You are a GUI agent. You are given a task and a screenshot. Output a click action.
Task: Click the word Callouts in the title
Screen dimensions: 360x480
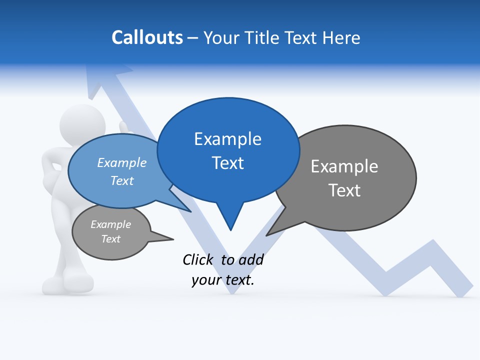[147, 37]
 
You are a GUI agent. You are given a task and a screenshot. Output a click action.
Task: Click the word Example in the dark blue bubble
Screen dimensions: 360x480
[227, 139]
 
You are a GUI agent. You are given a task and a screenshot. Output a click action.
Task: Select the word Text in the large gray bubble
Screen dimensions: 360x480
[344, 190]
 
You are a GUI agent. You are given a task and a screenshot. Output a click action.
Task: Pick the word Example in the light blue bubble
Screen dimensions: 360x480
[121, 162]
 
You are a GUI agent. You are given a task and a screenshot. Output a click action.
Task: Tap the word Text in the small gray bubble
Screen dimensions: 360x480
[110, 239]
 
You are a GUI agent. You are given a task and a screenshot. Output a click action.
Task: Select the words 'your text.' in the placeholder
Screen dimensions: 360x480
[223, 280]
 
